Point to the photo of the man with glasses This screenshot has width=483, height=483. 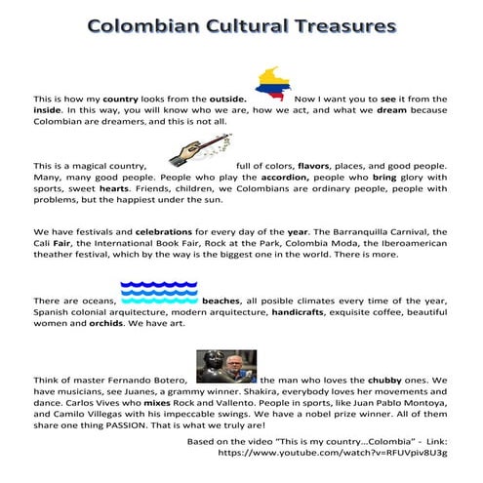pos(226,365)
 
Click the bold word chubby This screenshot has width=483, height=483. pos(382,378)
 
